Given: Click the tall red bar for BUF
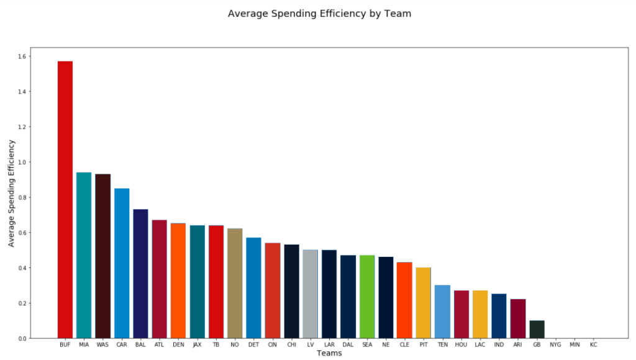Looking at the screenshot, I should pyautogui.click(x=65, y=199).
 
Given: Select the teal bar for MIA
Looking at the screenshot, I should pyautogui.click(x=84, y=255).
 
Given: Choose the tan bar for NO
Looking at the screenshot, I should pyautogui.click(x=235, y=283).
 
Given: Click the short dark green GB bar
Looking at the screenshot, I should pyautogui.click(x=537, y=330).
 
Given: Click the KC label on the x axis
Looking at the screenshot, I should pyautogui.click(x=593, y=344).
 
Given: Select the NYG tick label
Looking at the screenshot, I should pyautogui.click(x=555, y=344).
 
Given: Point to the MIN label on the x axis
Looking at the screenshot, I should pyautogui.click(x=575, y=344).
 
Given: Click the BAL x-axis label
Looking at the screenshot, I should pyautogui.click(x=140, y=344).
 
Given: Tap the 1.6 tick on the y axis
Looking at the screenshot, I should pyautogui.click(x=23, y=56).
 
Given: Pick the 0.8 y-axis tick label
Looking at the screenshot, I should pyautogui.click(x=23, y=197).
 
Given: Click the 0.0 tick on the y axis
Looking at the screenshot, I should pyautogui.click(x=23, y=339).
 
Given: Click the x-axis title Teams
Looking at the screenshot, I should pyautogui.click(x=329, y=353).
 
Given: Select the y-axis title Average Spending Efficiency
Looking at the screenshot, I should pyautogui.click(x=11, y=193).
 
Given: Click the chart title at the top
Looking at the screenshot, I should pyautogui.click(x=319, y=13).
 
